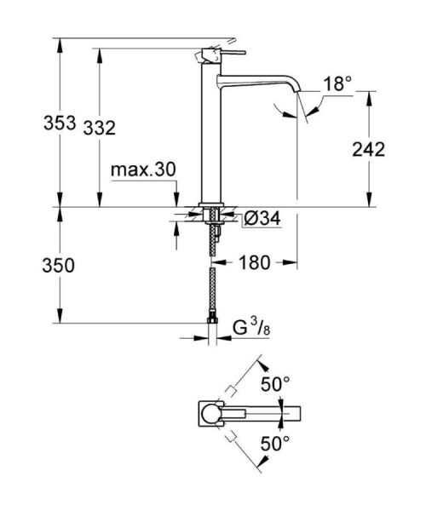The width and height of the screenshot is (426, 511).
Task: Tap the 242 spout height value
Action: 368,149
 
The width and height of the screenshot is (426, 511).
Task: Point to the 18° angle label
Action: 337,83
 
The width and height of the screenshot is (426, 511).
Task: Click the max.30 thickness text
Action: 143,170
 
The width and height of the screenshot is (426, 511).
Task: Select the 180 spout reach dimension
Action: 256,263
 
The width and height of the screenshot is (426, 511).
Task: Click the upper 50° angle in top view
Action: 275,384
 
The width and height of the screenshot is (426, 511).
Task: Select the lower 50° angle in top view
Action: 275,443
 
